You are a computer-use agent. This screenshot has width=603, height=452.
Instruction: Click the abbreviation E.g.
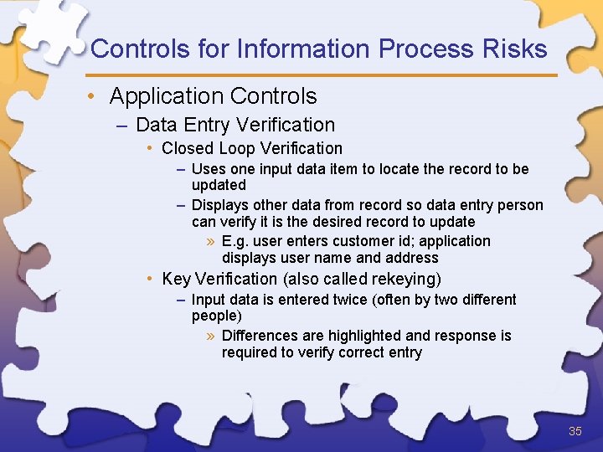point(235,241)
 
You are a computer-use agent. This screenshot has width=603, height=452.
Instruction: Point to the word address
point(411,258)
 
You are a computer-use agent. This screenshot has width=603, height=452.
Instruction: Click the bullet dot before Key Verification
point(147,279)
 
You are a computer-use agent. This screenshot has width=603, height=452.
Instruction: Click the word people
point(214,316)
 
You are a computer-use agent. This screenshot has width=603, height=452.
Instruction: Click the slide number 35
point(575,432)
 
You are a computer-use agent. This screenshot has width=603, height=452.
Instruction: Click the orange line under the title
point(323,75)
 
